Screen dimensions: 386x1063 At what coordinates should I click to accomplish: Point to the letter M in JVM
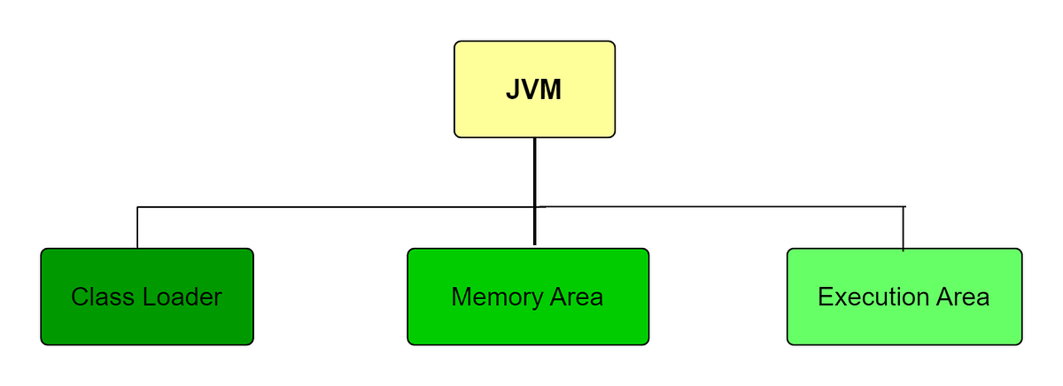click(x=551, y=90)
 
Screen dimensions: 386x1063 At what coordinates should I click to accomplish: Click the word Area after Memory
click(x=574, y=297)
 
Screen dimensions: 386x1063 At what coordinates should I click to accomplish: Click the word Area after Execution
click(x=960, y=297)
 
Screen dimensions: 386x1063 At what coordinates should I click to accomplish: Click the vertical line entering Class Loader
click(x=137, y=228)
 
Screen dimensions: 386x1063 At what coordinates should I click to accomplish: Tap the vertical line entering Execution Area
click(x=903, y=229)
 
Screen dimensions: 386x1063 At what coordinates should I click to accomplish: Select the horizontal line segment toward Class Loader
click(x=337, y=207)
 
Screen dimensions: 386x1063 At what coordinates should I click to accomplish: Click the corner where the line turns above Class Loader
click(x=137, y=207)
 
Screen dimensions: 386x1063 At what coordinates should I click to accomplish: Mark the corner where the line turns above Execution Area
click(x=903, y=206)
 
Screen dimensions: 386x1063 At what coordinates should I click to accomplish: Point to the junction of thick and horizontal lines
click(x=535, y=207)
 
